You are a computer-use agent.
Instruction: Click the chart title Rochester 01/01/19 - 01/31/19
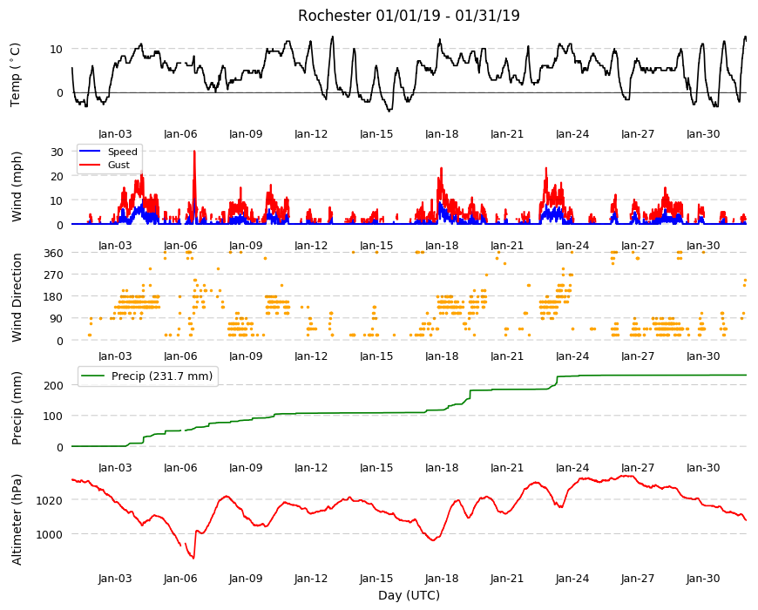(409, 16)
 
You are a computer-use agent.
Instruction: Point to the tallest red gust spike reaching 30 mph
(194, 152)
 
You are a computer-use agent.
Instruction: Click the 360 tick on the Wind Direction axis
(53, 253)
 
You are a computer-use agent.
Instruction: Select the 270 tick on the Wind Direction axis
(53, 275)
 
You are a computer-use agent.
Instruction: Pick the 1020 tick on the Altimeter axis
(50, 500)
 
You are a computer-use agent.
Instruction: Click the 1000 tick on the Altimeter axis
(50, 534)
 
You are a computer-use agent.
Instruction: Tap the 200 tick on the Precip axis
(53, 385)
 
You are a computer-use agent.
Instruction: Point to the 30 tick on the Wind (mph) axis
(57, 152)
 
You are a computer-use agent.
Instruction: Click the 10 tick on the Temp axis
(57, 50)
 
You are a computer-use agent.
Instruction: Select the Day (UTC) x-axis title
(409, 595)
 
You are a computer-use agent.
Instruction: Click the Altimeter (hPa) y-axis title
(17, 519)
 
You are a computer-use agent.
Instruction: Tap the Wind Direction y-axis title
(17, 297)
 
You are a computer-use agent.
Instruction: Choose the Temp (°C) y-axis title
(16, 75)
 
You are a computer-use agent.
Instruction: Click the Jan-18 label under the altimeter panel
(442, 578)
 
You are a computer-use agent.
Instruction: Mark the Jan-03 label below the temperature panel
(115, 134)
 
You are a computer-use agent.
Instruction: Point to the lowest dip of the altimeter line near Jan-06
(193, 559)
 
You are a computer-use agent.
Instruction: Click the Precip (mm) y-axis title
(17, 408)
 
